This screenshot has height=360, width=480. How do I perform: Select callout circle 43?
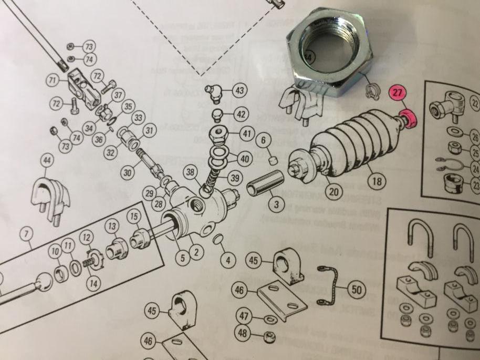239,91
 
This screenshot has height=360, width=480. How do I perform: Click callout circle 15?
135,217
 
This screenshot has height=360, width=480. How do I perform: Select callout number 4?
227,260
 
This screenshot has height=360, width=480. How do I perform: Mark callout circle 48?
242,333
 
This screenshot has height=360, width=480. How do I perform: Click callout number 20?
333,192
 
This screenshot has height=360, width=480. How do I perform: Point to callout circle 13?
112,227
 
